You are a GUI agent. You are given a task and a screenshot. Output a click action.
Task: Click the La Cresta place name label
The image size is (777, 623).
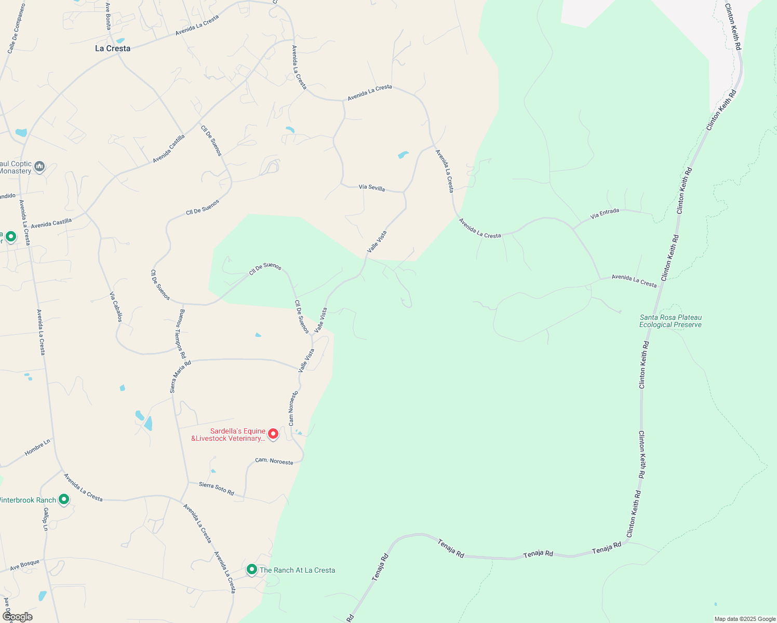click(x=113, y=48)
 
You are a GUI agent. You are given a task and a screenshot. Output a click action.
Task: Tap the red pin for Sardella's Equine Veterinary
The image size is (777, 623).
click(x=273, y=434)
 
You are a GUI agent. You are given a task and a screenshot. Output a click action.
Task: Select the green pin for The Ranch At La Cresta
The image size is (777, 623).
click(x=252, y=570)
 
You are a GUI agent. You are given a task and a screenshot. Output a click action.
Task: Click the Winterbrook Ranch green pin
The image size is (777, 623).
click(x=64, y=499)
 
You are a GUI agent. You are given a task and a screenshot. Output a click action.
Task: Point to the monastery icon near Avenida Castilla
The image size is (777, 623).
click(x=39, y=167)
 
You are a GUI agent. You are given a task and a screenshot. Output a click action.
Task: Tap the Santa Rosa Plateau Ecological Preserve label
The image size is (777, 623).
click(x=671, y=321)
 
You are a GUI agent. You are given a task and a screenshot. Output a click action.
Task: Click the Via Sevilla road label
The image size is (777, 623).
click(x=372, y=187)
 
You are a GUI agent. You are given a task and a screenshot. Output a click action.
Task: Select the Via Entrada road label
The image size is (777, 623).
click(x=605, y=213)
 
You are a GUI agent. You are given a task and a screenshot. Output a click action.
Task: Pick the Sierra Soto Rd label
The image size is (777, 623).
click(x=217, y=488)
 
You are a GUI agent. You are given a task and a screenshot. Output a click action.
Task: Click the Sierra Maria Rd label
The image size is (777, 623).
click(x=181, y=376)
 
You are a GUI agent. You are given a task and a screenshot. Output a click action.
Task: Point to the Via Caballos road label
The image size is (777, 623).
click(x=116, y=307)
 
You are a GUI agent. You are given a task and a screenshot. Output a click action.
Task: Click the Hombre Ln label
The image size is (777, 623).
click(x=37, y=448)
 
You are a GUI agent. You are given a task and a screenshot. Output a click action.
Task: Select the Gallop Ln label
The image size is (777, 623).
click(x=46, y=519)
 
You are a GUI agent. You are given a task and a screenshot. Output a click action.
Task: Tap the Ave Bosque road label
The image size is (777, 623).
click(x=24, y=565)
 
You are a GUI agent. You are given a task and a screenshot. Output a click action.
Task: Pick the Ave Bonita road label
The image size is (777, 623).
click(x=108, y=16)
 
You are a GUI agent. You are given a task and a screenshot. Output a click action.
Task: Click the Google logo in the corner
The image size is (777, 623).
click(x=17, y=617)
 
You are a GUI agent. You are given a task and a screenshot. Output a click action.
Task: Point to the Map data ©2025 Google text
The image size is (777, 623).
click(x=745, y=619)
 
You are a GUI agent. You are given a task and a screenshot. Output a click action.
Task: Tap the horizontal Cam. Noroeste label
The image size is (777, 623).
click(x=274, y=461)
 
